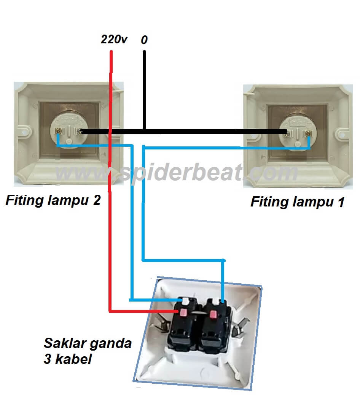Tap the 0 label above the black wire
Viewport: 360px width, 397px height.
(144, 40)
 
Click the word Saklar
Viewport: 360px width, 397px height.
(65, 343)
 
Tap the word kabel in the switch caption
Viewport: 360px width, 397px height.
(74, 359)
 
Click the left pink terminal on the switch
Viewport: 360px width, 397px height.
(183, 313)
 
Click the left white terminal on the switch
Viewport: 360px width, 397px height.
(186, 301)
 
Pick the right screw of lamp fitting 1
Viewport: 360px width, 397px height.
(309, 133)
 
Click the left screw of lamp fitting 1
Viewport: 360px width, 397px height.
(288, 133)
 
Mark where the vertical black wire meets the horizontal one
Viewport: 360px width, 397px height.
(144, 131)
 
